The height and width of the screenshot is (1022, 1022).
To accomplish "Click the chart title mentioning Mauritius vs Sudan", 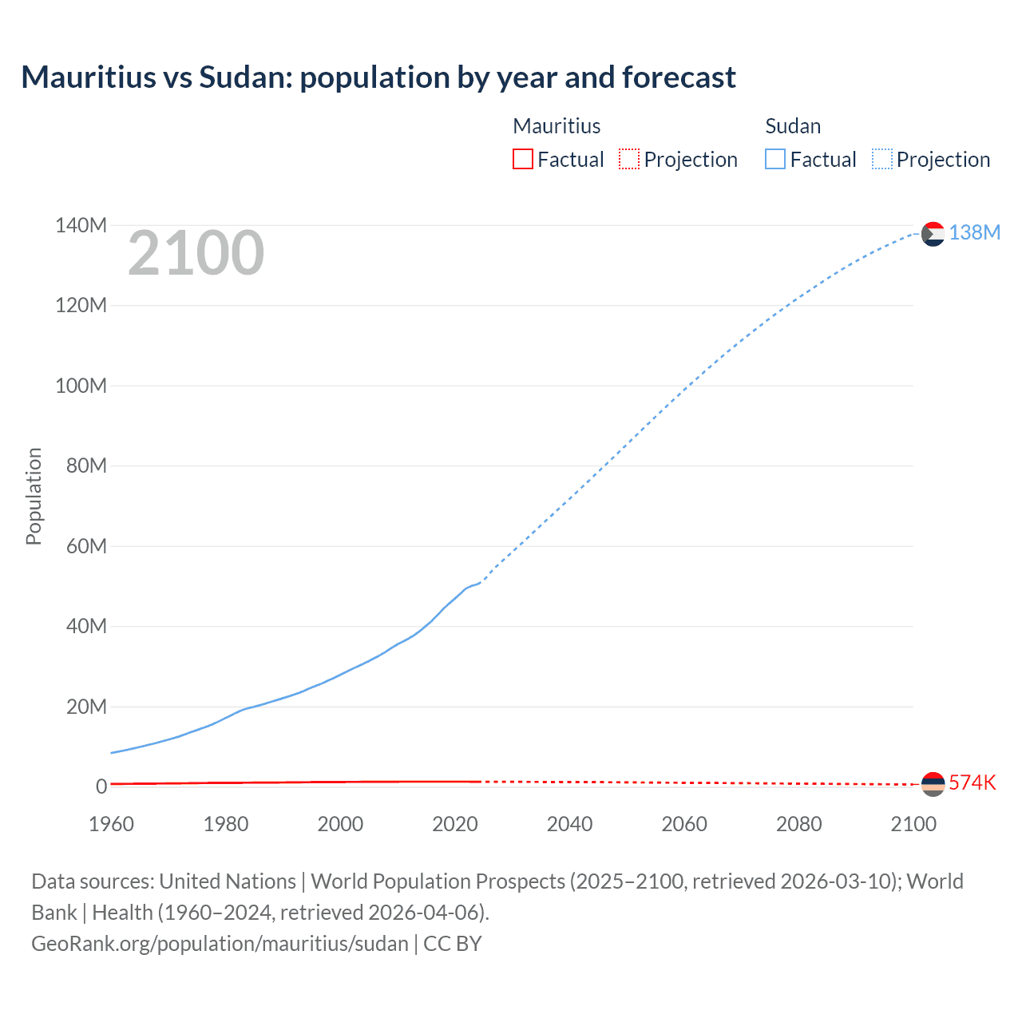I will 378,77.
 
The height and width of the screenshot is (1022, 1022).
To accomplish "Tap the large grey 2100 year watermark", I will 196,253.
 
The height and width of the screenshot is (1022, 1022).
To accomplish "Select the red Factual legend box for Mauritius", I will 522,159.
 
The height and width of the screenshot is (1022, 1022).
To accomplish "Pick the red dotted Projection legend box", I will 629,159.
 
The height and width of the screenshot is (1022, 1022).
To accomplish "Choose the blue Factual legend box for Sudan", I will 775,159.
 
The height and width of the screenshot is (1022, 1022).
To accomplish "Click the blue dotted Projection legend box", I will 882,159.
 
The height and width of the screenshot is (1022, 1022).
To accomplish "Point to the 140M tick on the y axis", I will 81,226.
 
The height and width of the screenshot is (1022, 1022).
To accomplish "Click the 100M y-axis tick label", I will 81,386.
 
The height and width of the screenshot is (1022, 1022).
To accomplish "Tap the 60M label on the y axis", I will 86,547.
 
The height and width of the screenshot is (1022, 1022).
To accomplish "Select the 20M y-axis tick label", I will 86,707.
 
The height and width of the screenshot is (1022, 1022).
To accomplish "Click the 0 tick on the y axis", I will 101,787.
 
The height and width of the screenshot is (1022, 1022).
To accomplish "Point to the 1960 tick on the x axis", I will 111,824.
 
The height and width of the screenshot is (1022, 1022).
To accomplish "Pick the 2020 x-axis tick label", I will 455,824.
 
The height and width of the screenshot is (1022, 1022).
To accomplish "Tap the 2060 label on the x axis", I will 684,824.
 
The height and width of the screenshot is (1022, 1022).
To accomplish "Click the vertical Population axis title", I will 34,496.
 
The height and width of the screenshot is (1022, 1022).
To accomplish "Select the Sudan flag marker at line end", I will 933,234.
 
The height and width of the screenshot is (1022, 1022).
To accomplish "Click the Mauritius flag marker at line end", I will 933,784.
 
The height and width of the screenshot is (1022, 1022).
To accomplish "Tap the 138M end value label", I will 974,232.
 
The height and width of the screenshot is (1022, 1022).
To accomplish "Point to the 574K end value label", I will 972,782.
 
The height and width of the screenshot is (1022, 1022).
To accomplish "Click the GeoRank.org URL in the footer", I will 220,944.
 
